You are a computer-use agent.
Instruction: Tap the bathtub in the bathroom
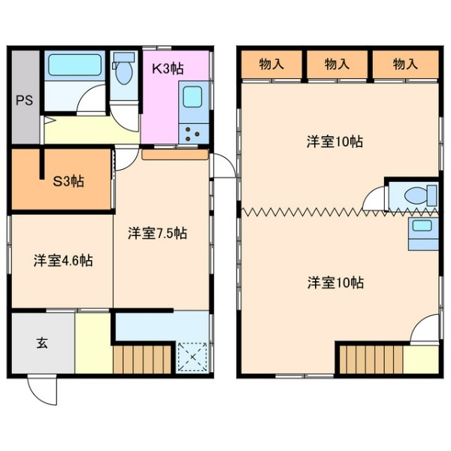pyautogui.click(x=75, y=65)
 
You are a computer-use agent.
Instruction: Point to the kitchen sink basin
pyautogui.click(x=192, y=98)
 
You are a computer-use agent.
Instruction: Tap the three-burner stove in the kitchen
pyautogui.click(x=192, y=132)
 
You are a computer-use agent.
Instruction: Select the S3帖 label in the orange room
pyautogui.click(x=68, y=181)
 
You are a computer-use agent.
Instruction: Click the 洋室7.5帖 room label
pyautogui.click(x=157, y=233)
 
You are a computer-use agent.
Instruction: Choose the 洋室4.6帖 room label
pyautogui.click(x=62, y=262)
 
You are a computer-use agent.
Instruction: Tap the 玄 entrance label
pyautogui.click(x=42, y=344)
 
